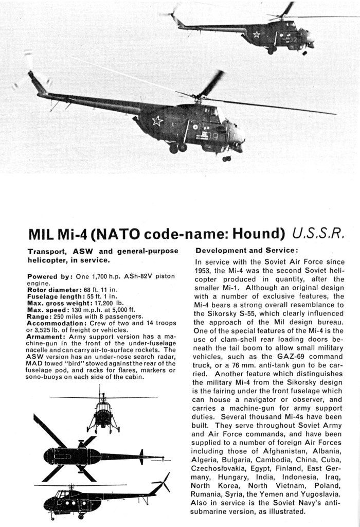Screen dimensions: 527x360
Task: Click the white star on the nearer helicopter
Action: point(157,121)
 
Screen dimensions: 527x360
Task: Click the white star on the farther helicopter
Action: point(256,34)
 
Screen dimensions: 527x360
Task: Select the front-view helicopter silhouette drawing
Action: point(103,412)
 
